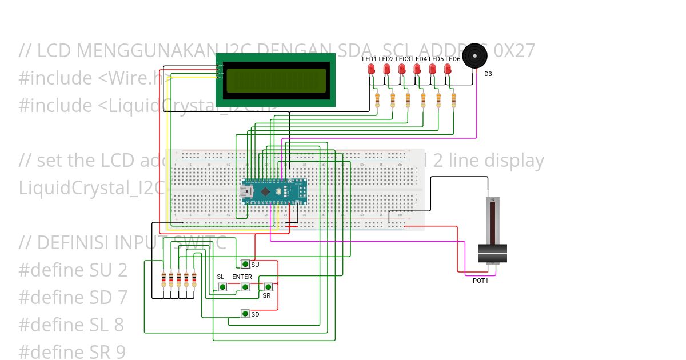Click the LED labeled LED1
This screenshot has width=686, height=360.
coord(371,69)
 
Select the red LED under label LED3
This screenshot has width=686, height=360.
coord(402,69)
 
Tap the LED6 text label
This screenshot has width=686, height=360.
coord(453,59)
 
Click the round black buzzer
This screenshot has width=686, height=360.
coord(476,56)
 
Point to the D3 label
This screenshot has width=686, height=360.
coord(488,74)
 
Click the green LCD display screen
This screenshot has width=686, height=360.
coord(276,81)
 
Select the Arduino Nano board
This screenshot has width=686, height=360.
coord(274,191)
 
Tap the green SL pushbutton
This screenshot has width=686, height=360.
coord(221,287)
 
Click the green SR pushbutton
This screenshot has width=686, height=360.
coord(267,287)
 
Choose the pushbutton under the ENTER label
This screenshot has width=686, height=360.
coord(245,287)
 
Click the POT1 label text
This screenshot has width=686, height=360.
coord(480,281)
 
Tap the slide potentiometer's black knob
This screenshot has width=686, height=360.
coord(492,253)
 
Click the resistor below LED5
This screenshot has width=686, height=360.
coord(438,100)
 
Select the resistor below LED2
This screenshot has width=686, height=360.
coord(393,100)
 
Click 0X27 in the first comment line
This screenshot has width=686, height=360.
coord(514,51)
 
